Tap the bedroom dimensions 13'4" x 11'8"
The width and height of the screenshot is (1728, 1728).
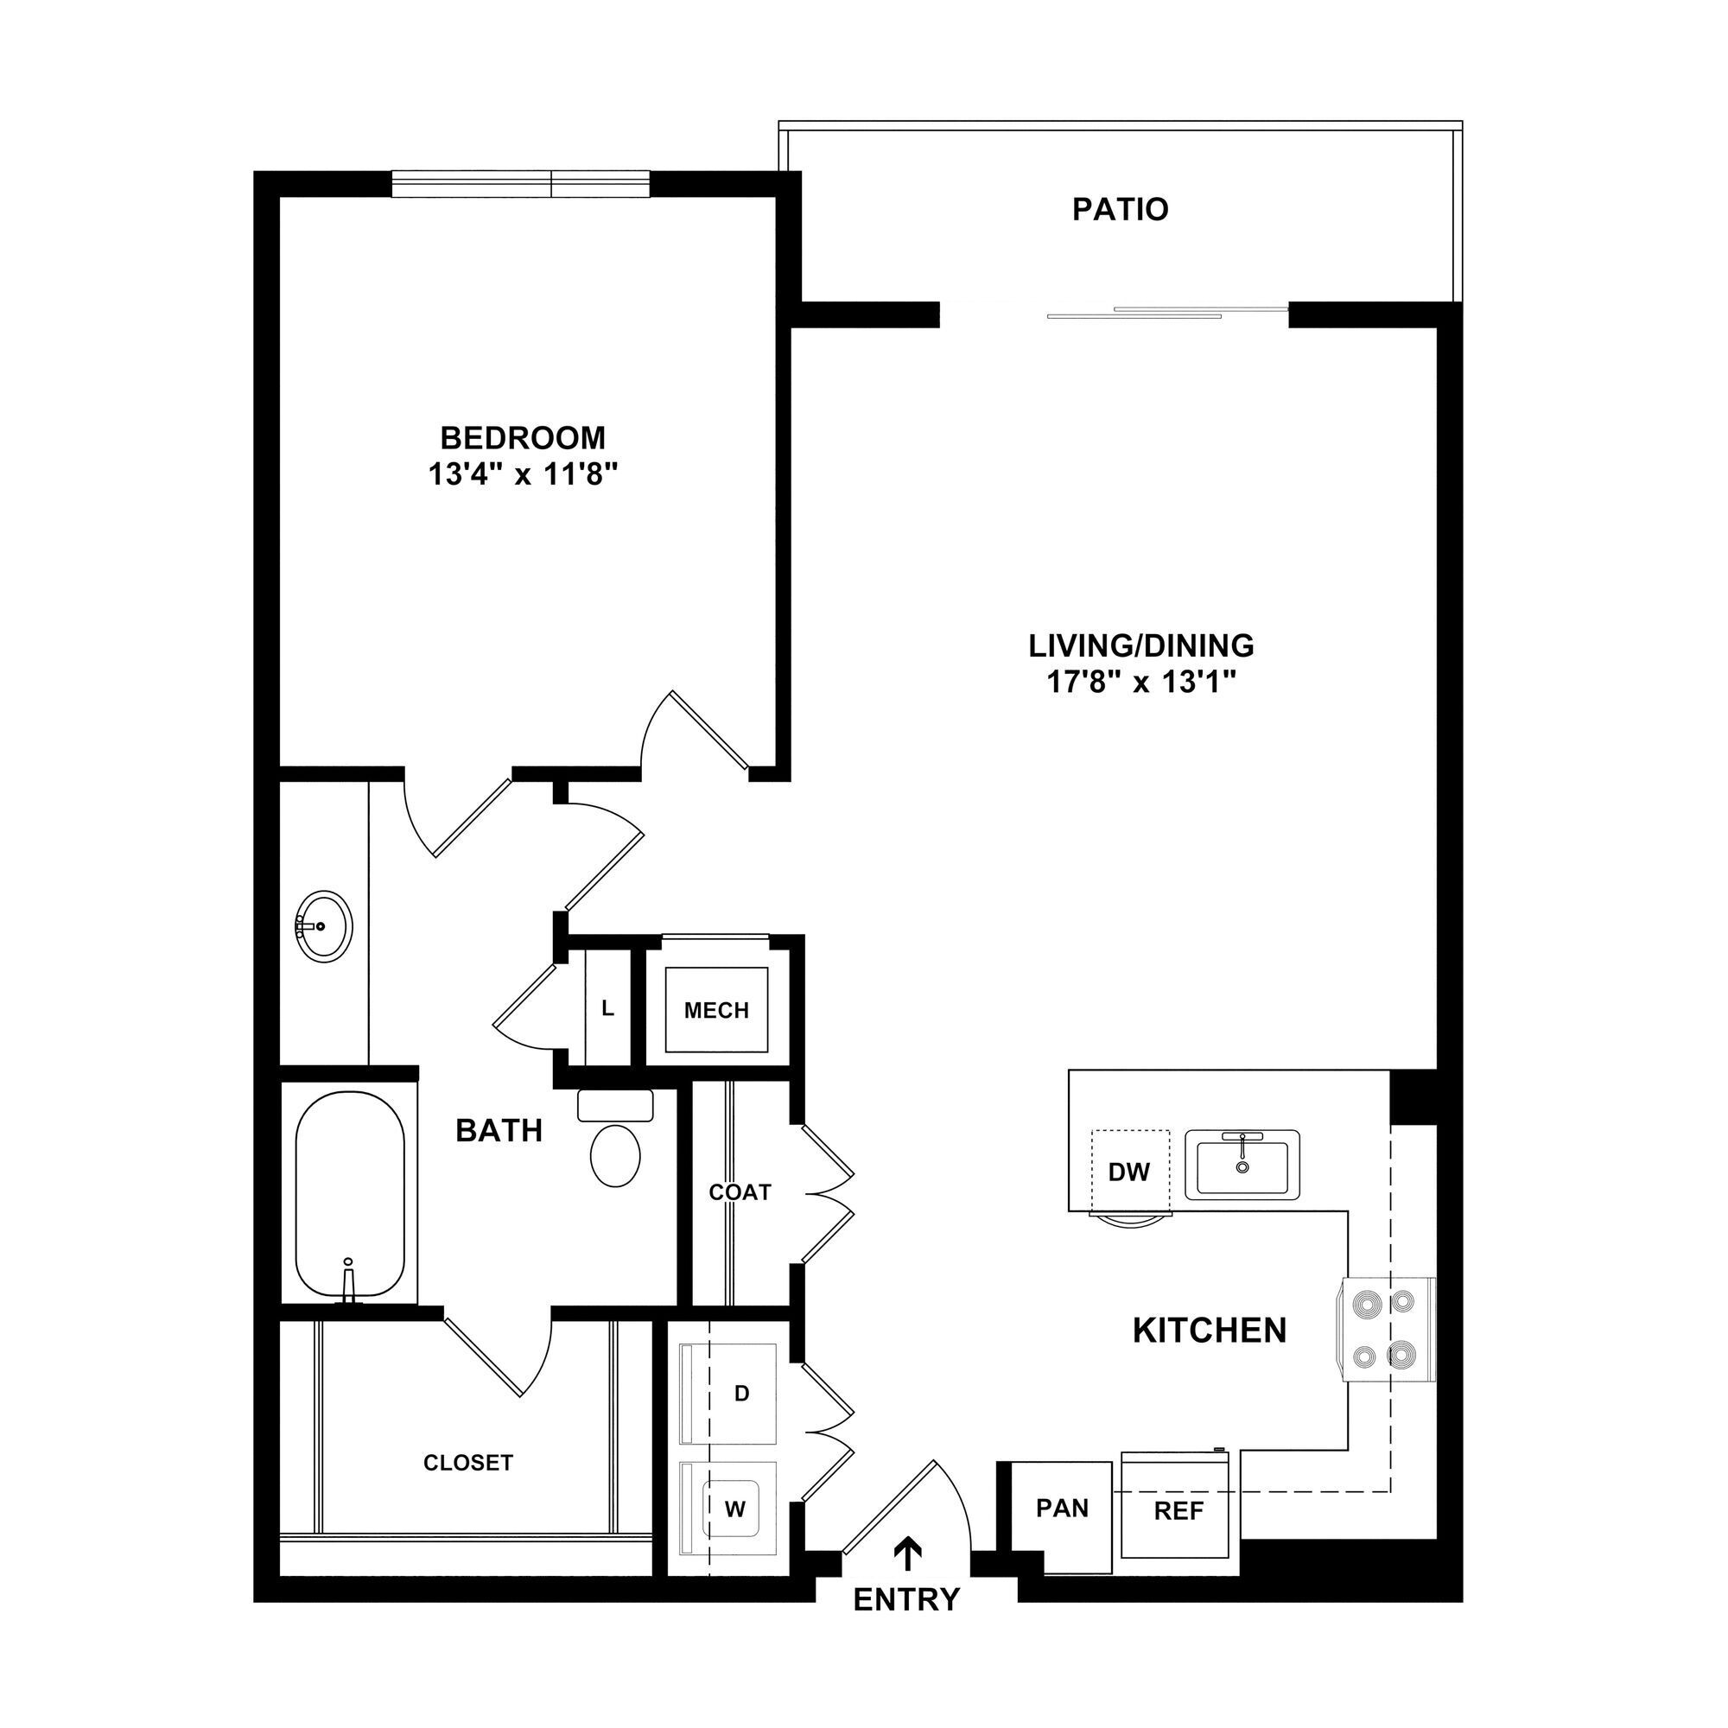click(524, 475)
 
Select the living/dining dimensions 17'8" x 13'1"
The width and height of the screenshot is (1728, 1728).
click(1140, 683)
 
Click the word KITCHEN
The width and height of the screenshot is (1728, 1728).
click(1210, 1330)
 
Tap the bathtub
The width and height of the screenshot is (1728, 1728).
click(350, 1195)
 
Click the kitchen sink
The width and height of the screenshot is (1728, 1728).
click(1242, 1164)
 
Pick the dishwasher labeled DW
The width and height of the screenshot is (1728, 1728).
click(1129, 1171)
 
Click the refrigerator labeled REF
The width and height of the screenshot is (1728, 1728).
click(1178, 1511)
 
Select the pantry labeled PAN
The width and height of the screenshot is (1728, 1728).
click(1062, 1509)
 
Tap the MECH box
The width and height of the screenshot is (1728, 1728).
click(715, 1010)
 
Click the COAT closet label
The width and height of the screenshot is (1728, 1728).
click(740, 1191)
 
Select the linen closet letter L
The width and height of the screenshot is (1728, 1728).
click(607, 1009)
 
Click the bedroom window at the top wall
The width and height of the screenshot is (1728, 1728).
click(520, 183)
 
